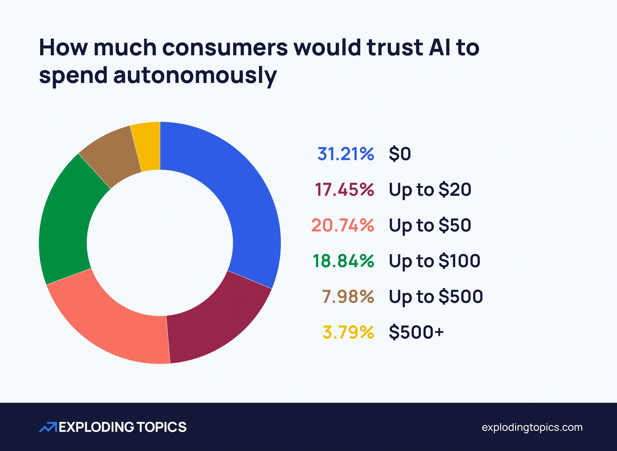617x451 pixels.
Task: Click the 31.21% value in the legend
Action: tap(345, 154)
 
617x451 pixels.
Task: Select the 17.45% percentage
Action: tap(344, 189)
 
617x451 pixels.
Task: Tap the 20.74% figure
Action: tap(343, 225)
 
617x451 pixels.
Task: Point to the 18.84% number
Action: tap(343, 261)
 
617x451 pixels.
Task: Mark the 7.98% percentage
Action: tap(348, 296)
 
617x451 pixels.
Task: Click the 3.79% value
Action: tap(348, 332)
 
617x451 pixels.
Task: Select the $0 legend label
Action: tap(400, 154)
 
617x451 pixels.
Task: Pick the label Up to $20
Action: tap(430, 189)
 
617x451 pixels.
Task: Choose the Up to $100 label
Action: tap(434, 261)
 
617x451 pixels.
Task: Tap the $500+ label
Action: tap(416, 332)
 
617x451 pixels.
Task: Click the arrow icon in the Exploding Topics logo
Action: tap(48, 427)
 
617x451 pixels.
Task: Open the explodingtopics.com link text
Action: tap(532, 427)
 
